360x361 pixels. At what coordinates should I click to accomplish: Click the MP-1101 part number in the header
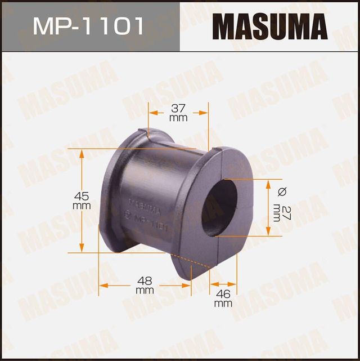pos(88,26)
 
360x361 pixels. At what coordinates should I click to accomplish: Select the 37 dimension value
pos(178,108)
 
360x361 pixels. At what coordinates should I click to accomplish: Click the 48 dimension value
pos(145,280)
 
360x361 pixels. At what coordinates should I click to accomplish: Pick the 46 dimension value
pos(223,293)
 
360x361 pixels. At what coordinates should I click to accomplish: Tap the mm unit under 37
pos(178,118)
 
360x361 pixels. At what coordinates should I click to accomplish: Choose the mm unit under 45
pos(82,206)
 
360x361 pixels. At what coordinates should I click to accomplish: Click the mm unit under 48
pos(145,291)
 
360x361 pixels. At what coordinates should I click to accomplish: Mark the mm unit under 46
pos(223,304)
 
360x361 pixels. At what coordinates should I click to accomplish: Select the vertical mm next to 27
pos(276,212)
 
